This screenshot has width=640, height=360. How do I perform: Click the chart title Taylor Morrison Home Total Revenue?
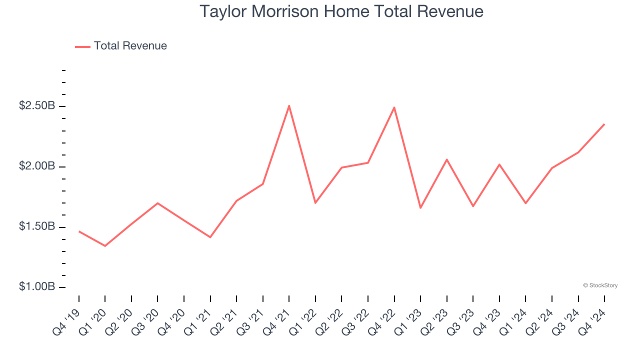coord(341,11)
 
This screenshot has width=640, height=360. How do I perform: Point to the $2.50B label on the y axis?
coord(36,106)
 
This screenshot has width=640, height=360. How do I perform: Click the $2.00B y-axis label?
coord(36,166)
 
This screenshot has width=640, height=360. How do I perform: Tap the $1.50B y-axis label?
coord(36,227)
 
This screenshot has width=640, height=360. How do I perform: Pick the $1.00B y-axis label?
coord(36,287)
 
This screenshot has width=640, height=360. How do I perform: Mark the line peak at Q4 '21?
coord(289,106)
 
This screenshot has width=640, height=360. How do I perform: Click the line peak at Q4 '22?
coord(394,107)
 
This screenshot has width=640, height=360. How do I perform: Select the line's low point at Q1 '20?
coord(105,246)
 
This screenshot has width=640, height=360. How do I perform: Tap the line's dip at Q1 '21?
coord(210,237)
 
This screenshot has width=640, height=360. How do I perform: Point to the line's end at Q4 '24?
coord(604,124)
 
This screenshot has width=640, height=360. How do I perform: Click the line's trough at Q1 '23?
coord(420,207)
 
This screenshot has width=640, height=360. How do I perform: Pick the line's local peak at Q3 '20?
coord(157,203)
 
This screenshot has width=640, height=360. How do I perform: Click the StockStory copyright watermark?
coord(600,285)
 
